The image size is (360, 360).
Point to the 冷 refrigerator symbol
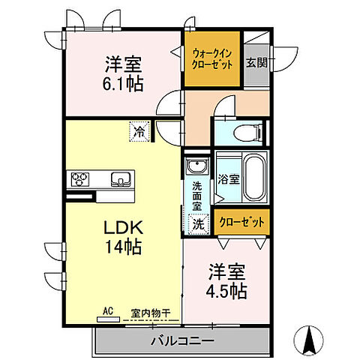click(140, 133)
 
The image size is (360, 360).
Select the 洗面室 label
click(196, 196)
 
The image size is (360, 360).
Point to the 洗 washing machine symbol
click(196, 223)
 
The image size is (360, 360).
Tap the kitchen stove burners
click(80, 178)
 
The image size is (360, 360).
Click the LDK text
click(118, 227)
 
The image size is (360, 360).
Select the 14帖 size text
click(118, 245)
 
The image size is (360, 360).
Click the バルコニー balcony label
click(181, 340)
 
